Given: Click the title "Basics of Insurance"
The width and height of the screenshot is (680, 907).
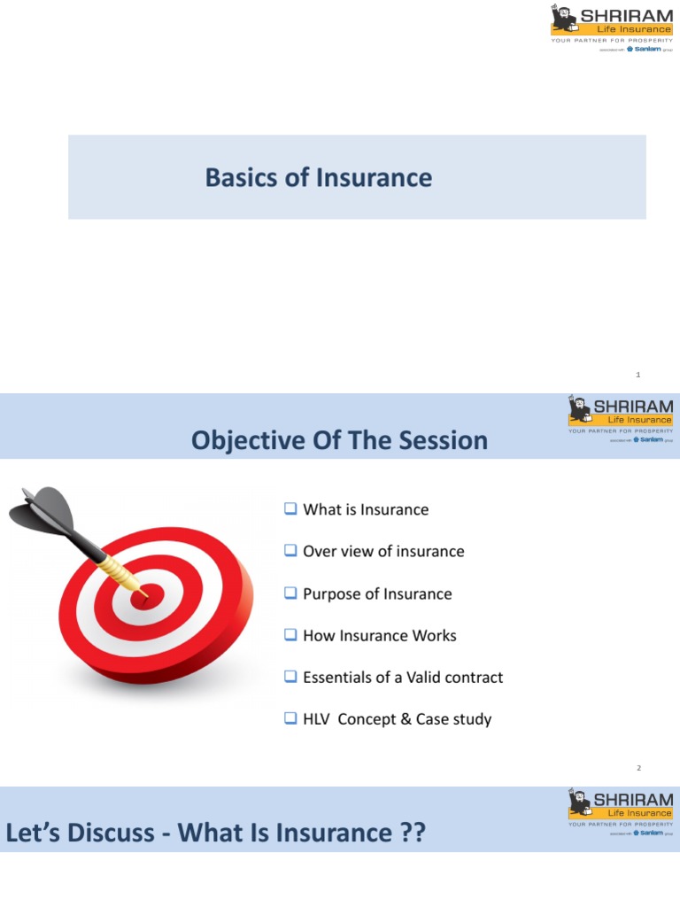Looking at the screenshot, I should coord(319,177).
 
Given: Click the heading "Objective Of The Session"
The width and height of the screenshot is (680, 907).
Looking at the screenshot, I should coord(339,440).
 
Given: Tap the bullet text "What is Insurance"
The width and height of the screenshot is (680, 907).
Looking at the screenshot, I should coord(366,509).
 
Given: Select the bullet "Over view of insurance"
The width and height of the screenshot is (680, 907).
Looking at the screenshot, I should coord(383,551).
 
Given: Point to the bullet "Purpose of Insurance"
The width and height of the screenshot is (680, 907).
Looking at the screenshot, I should coord(377,593).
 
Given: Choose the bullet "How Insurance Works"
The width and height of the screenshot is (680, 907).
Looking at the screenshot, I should coord(380,635).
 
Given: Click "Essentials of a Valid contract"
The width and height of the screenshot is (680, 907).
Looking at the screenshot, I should coord(403,677).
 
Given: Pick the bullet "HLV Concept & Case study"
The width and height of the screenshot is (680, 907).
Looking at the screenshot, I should coord(397,719).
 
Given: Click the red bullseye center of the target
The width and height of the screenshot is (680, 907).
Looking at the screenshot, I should coord(141,598).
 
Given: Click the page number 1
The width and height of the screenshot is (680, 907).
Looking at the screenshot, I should coord(650,375).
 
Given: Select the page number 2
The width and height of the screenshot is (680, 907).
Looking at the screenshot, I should coord(650,768).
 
